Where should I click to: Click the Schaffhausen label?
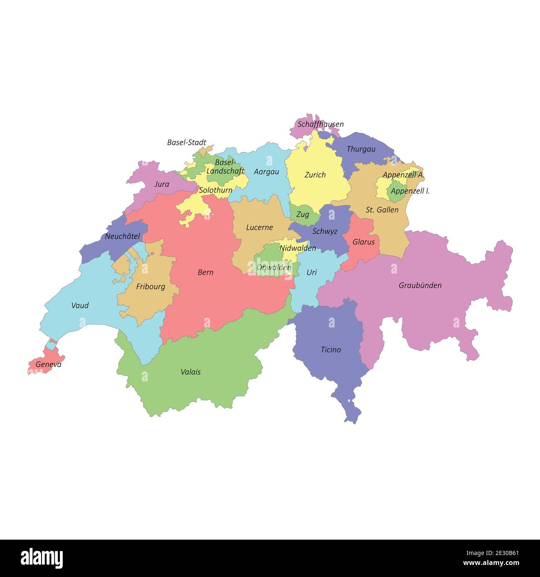pyautogui.click(x=320, y=124)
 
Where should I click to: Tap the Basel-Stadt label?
pyautogui.click(x=187, y=142)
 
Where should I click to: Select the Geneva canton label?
pyautogui.click(x=48, y=364)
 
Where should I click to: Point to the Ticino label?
pyautogui.click(x=331, y=350)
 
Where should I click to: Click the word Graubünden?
pyautogui.click(x=420, y=285)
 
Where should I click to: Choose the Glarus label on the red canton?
pyautogui.click(x=363, y=242)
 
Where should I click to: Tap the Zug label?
pyautogui.click(x=302, y=215)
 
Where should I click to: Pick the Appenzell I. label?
pyautogui.click(x=410, y=191)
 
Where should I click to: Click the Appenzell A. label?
pyautogui.click(x=403, y=175)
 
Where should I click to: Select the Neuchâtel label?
pyautogui.click(x=122, y=236)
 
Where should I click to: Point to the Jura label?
pyautogui.click(x=162, y=184)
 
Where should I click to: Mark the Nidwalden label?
pyautogui.click(x=297, y=248)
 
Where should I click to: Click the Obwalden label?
pyautogui.click(x=274, y=267)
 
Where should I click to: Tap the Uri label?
pyautogui.click(x=312, y=272)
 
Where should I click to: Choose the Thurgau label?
pyautogui.click(x=361, y=149)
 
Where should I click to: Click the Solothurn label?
pyautogui.click(x=216, y=190)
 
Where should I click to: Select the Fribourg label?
pyautogui.click(x=150, y=286)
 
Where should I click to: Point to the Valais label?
pyautogui.click(x=191, y=372)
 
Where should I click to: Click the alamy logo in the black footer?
pyautogui.click(x=42, y=558)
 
